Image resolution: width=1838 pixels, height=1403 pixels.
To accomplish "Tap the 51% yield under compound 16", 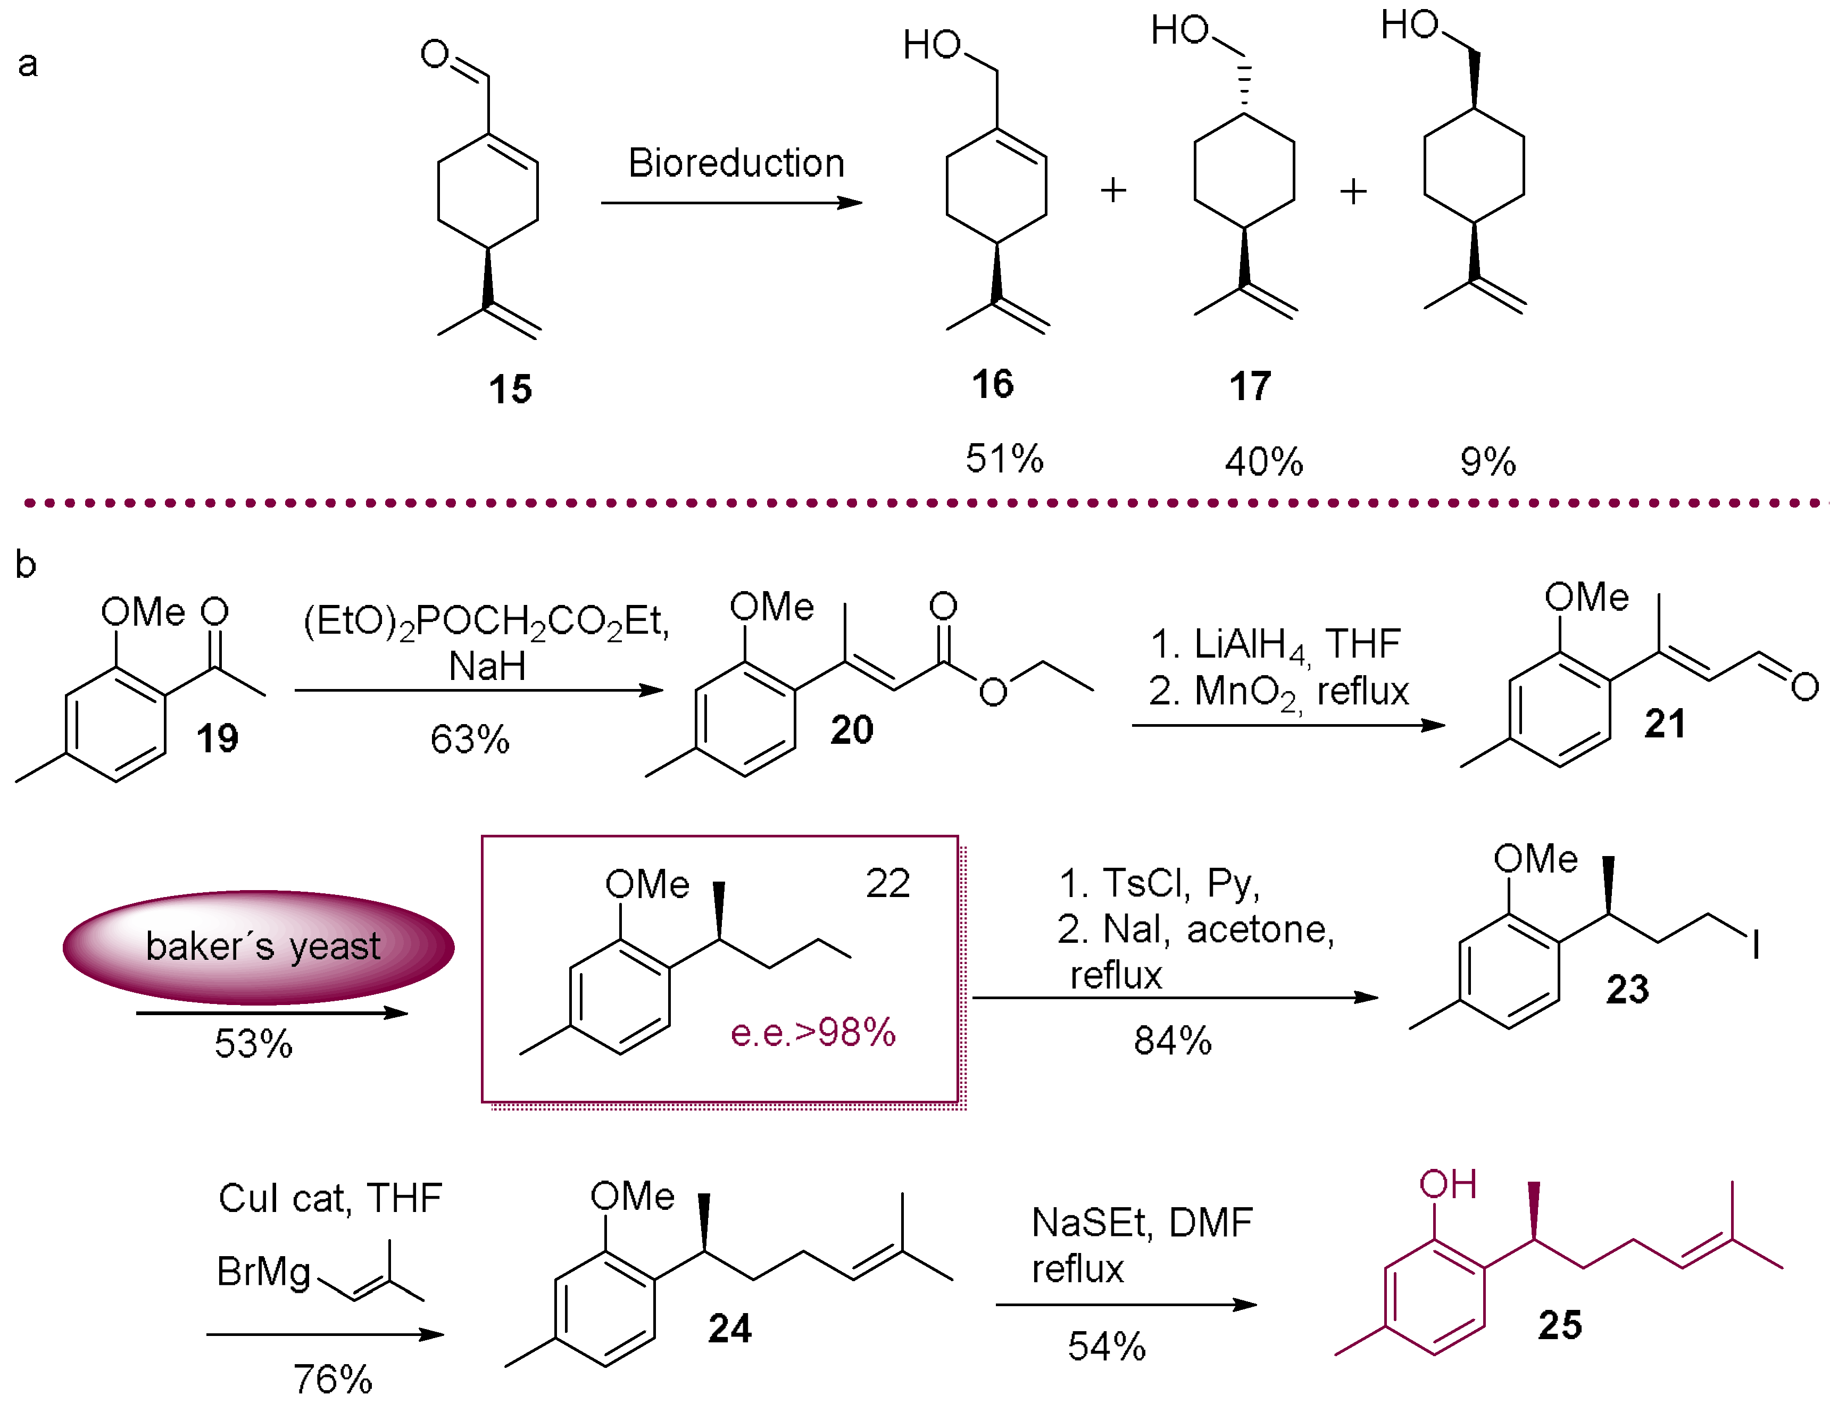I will (1004, 459).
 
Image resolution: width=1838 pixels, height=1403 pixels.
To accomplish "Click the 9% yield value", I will (1487, 462).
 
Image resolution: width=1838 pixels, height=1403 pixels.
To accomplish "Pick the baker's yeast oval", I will (259, 947).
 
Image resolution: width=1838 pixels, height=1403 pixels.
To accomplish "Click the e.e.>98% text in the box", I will (812, 1033).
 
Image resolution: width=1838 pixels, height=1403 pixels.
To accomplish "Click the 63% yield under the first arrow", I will (469, 739).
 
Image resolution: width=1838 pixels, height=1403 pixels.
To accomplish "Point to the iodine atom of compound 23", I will (1756, 946).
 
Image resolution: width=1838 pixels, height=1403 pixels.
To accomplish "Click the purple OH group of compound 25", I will (1448, 1184).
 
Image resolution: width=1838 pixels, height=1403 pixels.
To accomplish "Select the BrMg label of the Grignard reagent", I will (263, 1272).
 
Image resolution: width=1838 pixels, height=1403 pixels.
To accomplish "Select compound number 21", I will (1664, 723).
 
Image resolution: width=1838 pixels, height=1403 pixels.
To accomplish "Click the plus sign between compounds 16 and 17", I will (1113, 190).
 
